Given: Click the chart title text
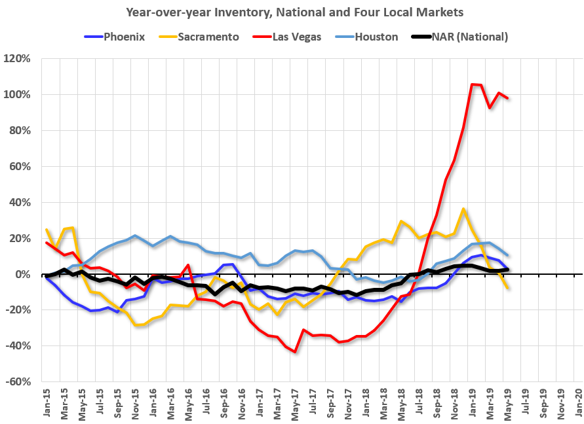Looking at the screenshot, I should click(x=292, y=11).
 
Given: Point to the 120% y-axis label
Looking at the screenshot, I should click(x=19, y=59).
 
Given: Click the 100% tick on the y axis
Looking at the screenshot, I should click(x=19, y=95).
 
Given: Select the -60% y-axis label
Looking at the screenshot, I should click(x=20, y=381).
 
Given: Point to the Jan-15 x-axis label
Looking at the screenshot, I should click(x=43, y=406).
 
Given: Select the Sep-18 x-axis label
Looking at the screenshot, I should click(x=435, y=406).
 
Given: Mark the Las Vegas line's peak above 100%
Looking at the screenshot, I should click(x=472, y=84).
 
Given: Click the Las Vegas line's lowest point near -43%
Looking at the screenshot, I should click(x=296, y=352).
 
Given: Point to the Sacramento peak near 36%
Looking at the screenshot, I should click(x=463, y=209).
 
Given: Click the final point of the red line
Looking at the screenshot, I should click(x=508, y=98).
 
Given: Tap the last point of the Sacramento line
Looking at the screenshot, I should click(x=508, y=289).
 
